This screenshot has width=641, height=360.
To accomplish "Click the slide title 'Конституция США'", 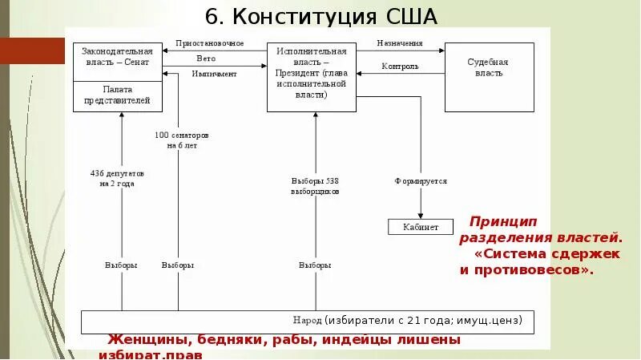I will click(x=321, y=18).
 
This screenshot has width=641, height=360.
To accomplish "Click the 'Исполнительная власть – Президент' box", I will click(x=312, y=72).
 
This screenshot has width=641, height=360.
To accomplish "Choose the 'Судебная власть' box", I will click(x=487, y=67).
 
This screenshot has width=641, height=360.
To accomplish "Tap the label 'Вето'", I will click(x=206, y=59).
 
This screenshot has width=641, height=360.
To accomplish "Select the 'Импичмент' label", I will click(x=214, y=74).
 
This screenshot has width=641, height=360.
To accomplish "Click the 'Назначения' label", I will click(x=400, y=43).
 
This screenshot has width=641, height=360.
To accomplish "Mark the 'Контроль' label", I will click(x=400, y=67).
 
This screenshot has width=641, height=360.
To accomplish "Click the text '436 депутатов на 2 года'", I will click(x=117, y=178).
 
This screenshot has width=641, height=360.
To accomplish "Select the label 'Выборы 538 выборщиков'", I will click(x=315, y=186).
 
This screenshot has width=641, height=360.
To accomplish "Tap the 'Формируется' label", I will click(x=420, y=181).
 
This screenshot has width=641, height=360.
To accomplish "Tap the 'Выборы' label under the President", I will click(x=315, y=265).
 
